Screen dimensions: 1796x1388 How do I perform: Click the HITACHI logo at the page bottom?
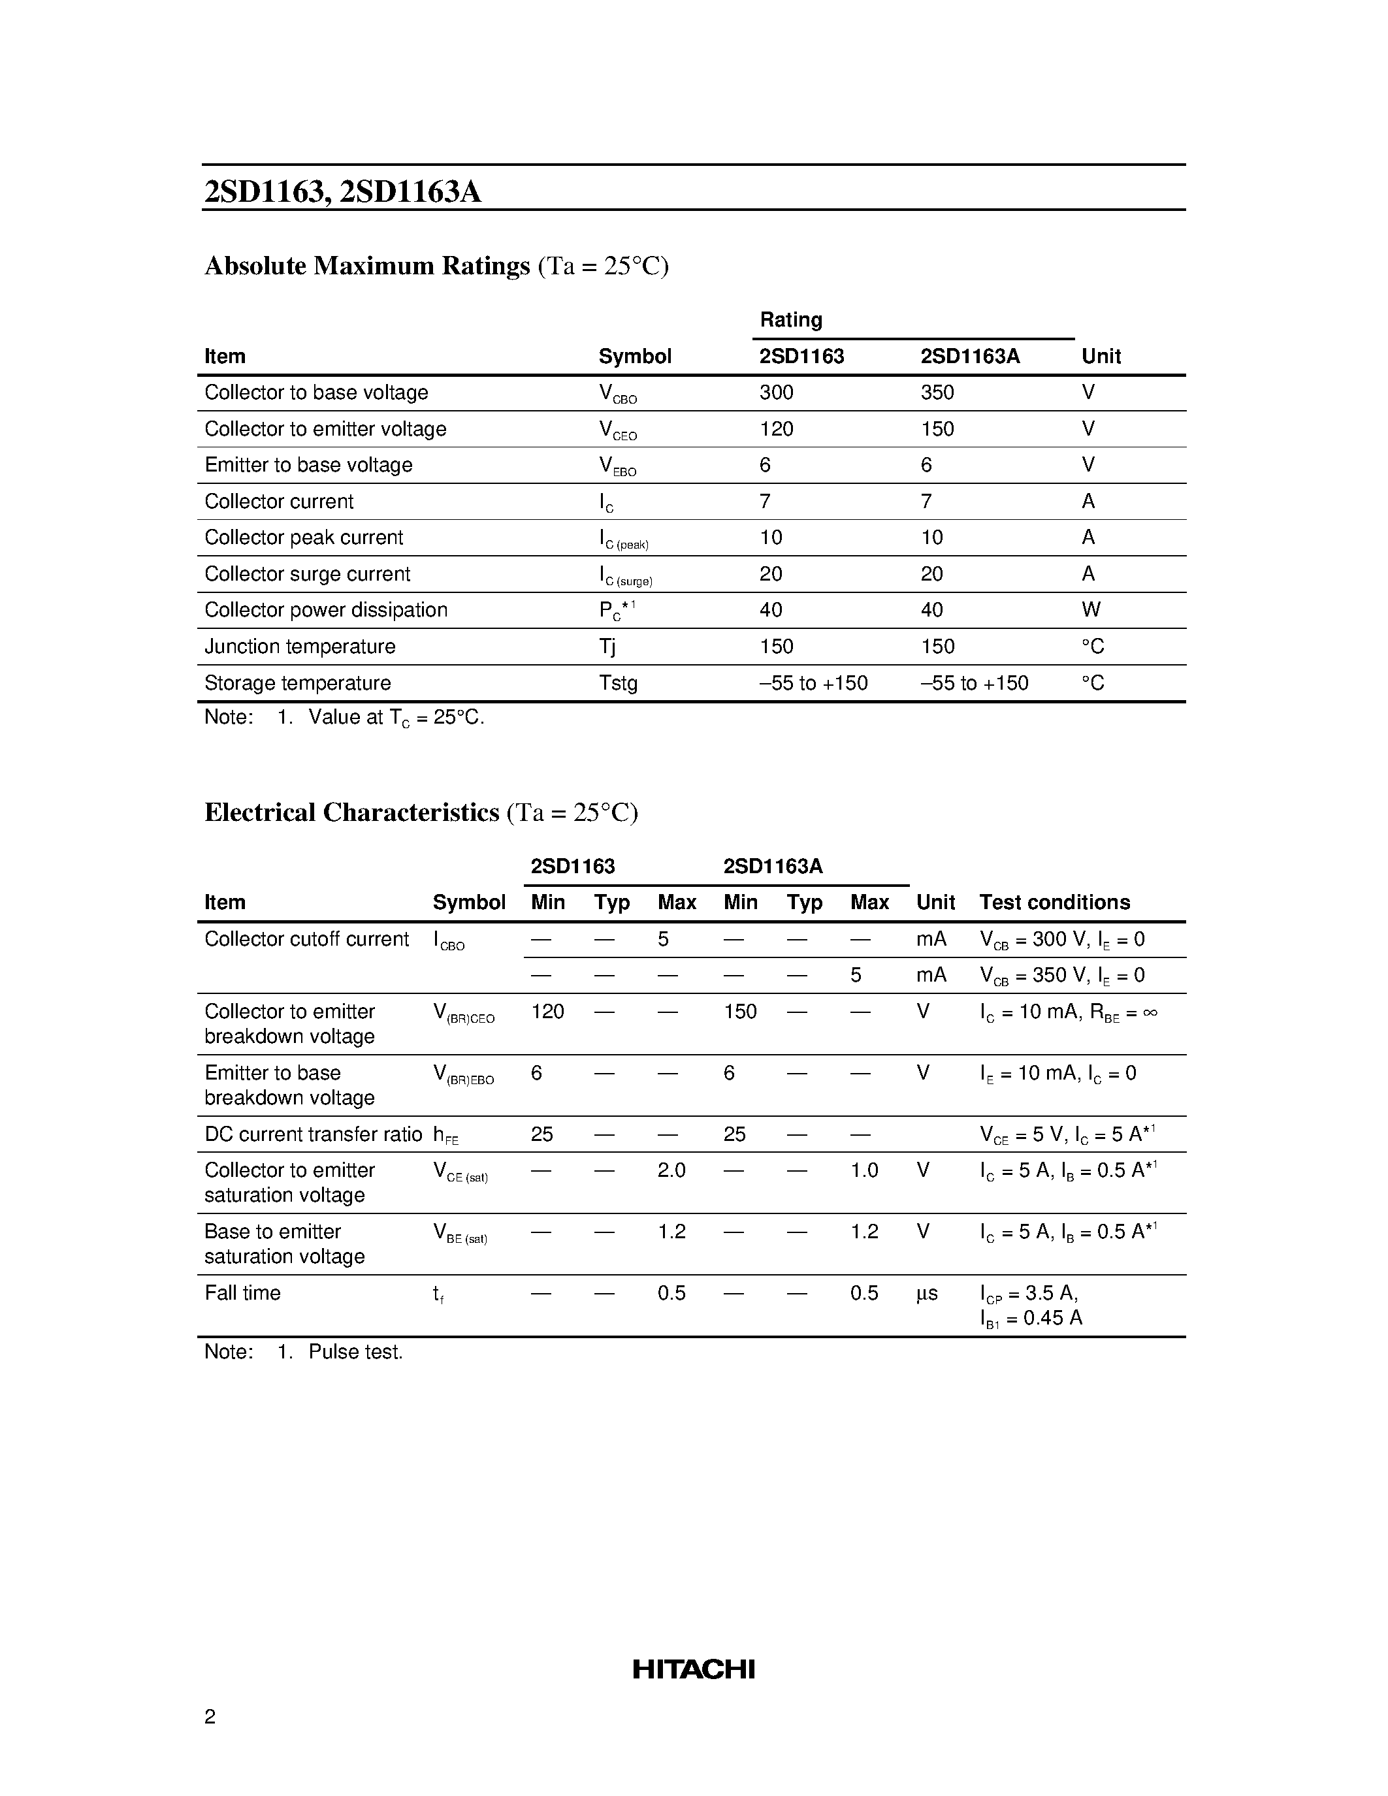693,1669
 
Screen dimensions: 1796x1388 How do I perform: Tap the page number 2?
210,1716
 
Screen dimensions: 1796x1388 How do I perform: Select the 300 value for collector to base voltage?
776,393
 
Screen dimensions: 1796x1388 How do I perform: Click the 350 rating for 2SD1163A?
937,393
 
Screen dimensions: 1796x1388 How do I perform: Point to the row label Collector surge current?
307,574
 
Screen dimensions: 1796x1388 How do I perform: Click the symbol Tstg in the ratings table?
617,683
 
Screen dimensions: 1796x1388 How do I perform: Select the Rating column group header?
790,320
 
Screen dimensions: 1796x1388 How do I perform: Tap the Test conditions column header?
1054,902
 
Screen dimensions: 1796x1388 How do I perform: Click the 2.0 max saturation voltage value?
671,1170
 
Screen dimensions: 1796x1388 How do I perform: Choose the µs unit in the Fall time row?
927,1294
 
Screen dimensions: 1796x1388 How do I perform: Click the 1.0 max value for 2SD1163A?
864,1170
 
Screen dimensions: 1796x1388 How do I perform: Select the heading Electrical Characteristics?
352,812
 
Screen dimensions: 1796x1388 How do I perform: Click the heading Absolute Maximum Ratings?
366,266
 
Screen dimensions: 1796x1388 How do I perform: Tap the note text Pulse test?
355,1352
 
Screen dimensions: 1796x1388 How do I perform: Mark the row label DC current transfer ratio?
312,1134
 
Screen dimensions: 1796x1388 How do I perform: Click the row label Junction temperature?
299,647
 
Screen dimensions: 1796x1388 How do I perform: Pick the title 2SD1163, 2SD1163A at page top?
342,191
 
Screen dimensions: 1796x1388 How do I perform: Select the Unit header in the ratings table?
1101,356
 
